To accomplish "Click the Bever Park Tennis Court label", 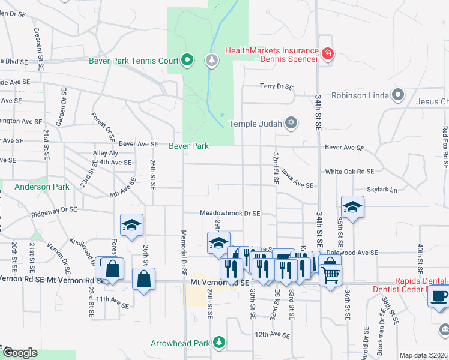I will (x=135, y=60).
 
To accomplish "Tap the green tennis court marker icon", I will (x=187, y=59).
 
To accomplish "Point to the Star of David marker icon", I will (x=291, y=124).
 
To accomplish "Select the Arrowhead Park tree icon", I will (x=220, y=342).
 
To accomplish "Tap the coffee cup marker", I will (x=439, y=295).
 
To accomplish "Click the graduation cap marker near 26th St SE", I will (x=131, y=225).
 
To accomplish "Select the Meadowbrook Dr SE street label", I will (x=230, y=213).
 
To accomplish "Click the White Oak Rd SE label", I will (x=349, y=172).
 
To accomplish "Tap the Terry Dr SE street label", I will (x=276, y=87).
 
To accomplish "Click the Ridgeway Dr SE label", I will (x=55, y=209).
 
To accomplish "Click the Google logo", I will (x=20, y=353).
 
